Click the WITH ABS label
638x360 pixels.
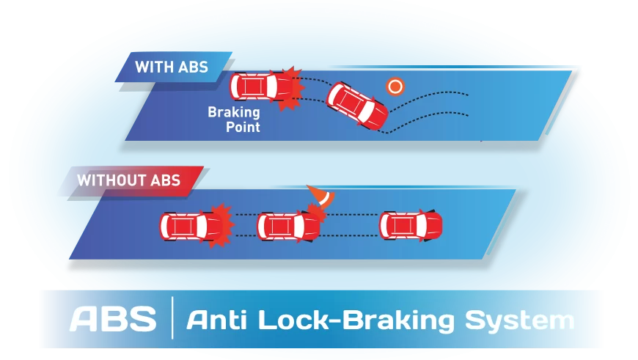(x=171, y=67)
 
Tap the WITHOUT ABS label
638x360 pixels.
(x=128, y=180)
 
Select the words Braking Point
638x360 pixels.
(x=234, y=120)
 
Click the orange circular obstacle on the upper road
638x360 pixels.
(x=396, y=86)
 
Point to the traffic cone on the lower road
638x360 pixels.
(x=320, y=196)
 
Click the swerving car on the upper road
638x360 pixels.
(x=358, y=106)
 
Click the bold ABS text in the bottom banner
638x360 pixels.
(x=113, y=320)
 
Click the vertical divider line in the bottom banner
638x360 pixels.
(x=172, y=319)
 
